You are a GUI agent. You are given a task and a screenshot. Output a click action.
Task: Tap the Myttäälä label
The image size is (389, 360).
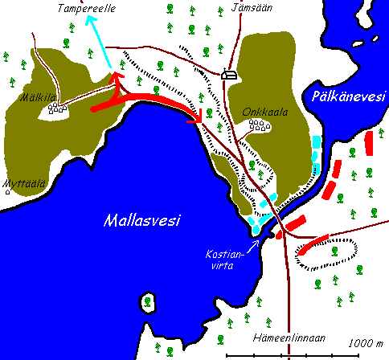click(23, 183)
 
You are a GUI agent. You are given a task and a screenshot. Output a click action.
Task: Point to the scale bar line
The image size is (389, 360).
click(305, 354)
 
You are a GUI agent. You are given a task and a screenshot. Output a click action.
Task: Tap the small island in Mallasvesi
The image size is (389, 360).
click(149, 302)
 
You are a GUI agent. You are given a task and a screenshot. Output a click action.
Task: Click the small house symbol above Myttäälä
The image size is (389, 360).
click(8, 192)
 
